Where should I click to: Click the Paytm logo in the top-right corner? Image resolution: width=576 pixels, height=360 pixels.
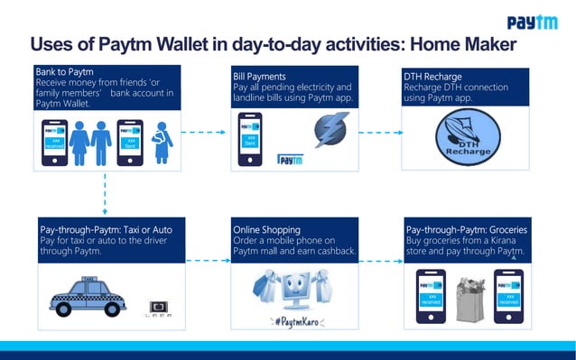(532, 22)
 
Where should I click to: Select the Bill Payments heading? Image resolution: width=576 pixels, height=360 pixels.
(259, 78)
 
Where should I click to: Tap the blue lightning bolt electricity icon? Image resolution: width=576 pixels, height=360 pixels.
(330, 130)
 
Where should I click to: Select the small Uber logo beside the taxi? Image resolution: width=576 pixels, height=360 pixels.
(158, 308)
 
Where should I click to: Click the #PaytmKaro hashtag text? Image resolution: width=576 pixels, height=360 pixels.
(293, 321)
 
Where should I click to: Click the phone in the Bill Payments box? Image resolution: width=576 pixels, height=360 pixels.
(251, 140)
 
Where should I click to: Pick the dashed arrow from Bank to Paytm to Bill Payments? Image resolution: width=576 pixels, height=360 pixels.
(203, 132)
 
